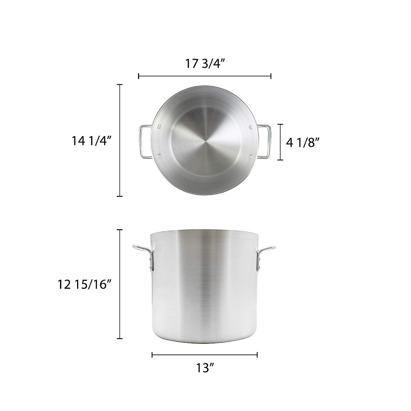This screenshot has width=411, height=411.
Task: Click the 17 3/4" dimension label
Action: click(205, 64)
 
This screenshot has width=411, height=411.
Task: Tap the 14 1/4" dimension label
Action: click(92, 141)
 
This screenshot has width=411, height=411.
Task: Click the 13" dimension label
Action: click(205, 368)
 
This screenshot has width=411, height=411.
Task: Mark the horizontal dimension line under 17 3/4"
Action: click(205, 76)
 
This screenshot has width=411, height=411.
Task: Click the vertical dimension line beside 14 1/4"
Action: click(120, 140)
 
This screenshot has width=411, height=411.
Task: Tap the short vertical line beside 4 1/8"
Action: click(281, 142)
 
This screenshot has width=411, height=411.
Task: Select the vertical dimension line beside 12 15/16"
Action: click(120, 284)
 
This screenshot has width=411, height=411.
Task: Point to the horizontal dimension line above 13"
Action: click(205, 355)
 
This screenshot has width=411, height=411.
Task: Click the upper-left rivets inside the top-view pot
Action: click(159, 127)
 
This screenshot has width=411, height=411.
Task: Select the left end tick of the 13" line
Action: click(152, 355)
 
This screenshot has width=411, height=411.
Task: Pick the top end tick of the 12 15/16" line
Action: click(120, 230)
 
